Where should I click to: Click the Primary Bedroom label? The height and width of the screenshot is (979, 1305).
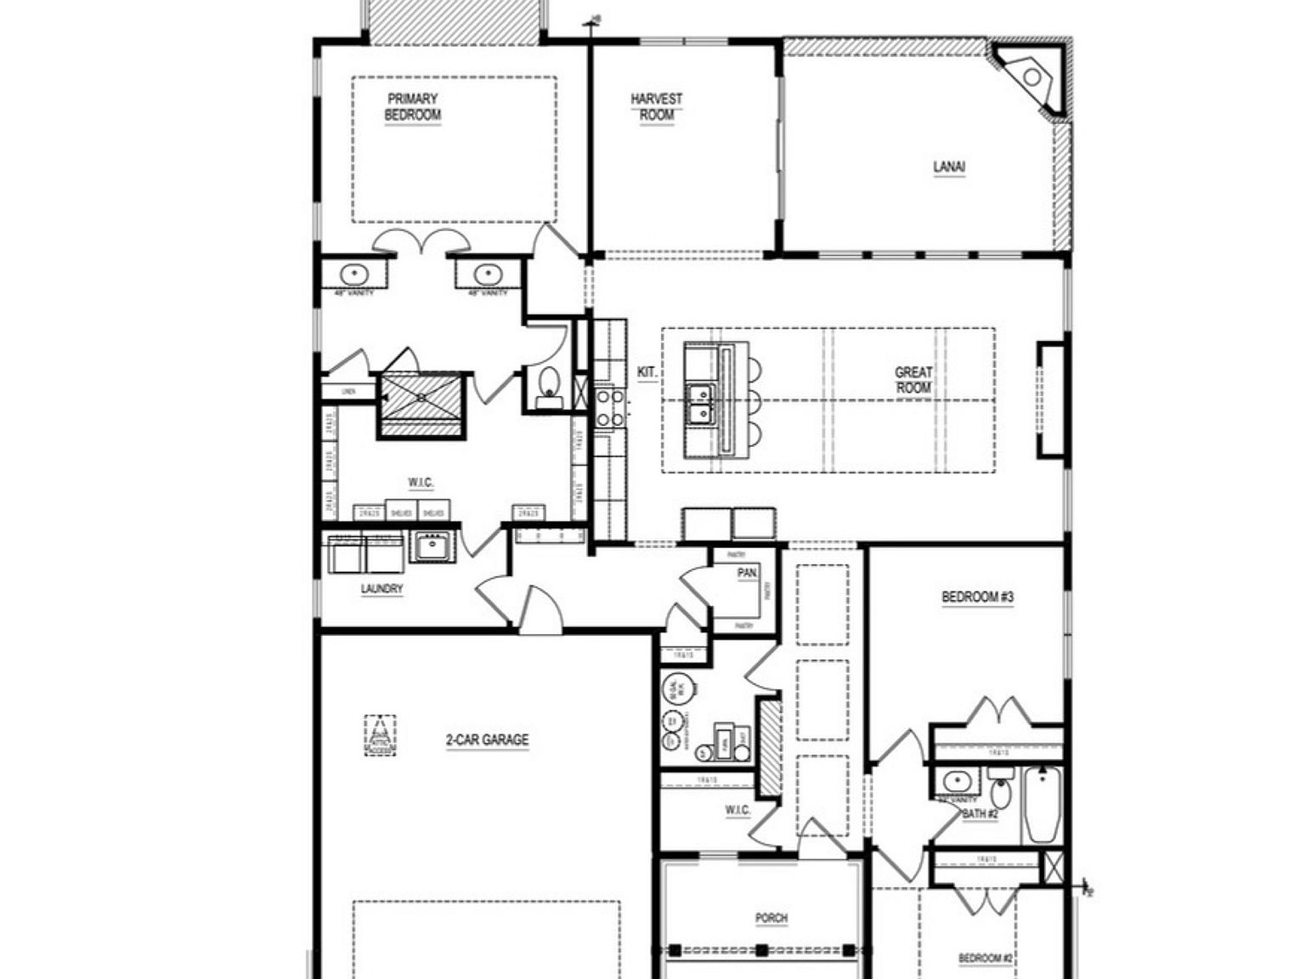(x=413, y=107)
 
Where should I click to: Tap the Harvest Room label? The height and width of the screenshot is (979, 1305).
(x=656, y=107)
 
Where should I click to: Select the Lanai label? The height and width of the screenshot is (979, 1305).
(x=949, y=167)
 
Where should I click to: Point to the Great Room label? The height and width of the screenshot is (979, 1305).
(x=913, y=380)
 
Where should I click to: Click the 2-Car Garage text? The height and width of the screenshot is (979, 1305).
(x=487, y=740)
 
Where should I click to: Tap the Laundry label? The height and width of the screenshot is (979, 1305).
(x=381, y=589)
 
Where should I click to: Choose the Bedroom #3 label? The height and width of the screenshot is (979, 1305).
(x=977, y=597)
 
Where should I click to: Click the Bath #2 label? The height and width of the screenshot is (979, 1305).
(x=980, y=814)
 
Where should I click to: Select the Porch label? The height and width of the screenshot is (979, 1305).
(x=771, y=918)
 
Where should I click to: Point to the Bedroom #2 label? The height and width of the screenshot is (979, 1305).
(x=986, y=959)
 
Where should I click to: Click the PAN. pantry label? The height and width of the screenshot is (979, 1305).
(x=747, y=574)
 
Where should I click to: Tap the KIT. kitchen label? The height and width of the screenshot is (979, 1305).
(x=647, y=372)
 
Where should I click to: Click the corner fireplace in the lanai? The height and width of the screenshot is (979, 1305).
(x=1031, y=77)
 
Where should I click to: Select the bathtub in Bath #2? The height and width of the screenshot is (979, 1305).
(x=1042, y=805)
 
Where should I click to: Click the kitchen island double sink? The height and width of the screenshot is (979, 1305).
(x=701, y=405)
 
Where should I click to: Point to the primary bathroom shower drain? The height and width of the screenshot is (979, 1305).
(x=421, y=398)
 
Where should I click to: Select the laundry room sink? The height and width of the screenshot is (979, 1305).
(x=432, y=546)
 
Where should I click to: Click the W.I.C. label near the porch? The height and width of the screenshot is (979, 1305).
(x=737, y=810)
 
